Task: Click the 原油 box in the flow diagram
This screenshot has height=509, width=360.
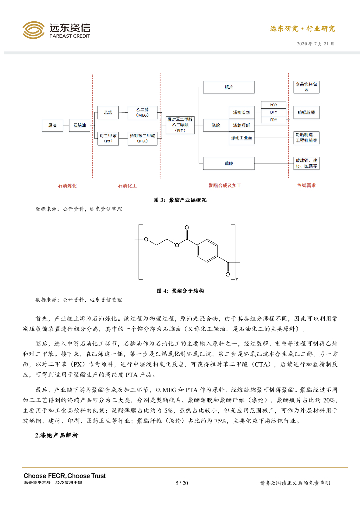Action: point(52,126)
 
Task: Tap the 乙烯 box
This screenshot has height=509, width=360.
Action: point(108,113)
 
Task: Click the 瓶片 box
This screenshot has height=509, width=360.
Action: point(229,87)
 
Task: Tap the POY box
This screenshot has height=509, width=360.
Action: point(273,105)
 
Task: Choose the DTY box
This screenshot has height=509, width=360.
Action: point(273,112)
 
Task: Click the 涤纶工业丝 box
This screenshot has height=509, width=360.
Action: point(242,137)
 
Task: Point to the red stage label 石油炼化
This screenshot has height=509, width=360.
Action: point(67,185)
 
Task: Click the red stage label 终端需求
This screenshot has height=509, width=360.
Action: point(307,185)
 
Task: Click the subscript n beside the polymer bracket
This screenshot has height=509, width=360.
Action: point(237,279)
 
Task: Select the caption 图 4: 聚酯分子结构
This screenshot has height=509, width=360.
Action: point(180,291)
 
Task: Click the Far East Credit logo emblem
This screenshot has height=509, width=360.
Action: point(33,30)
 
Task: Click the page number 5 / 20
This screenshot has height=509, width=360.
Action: point(182,483)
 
